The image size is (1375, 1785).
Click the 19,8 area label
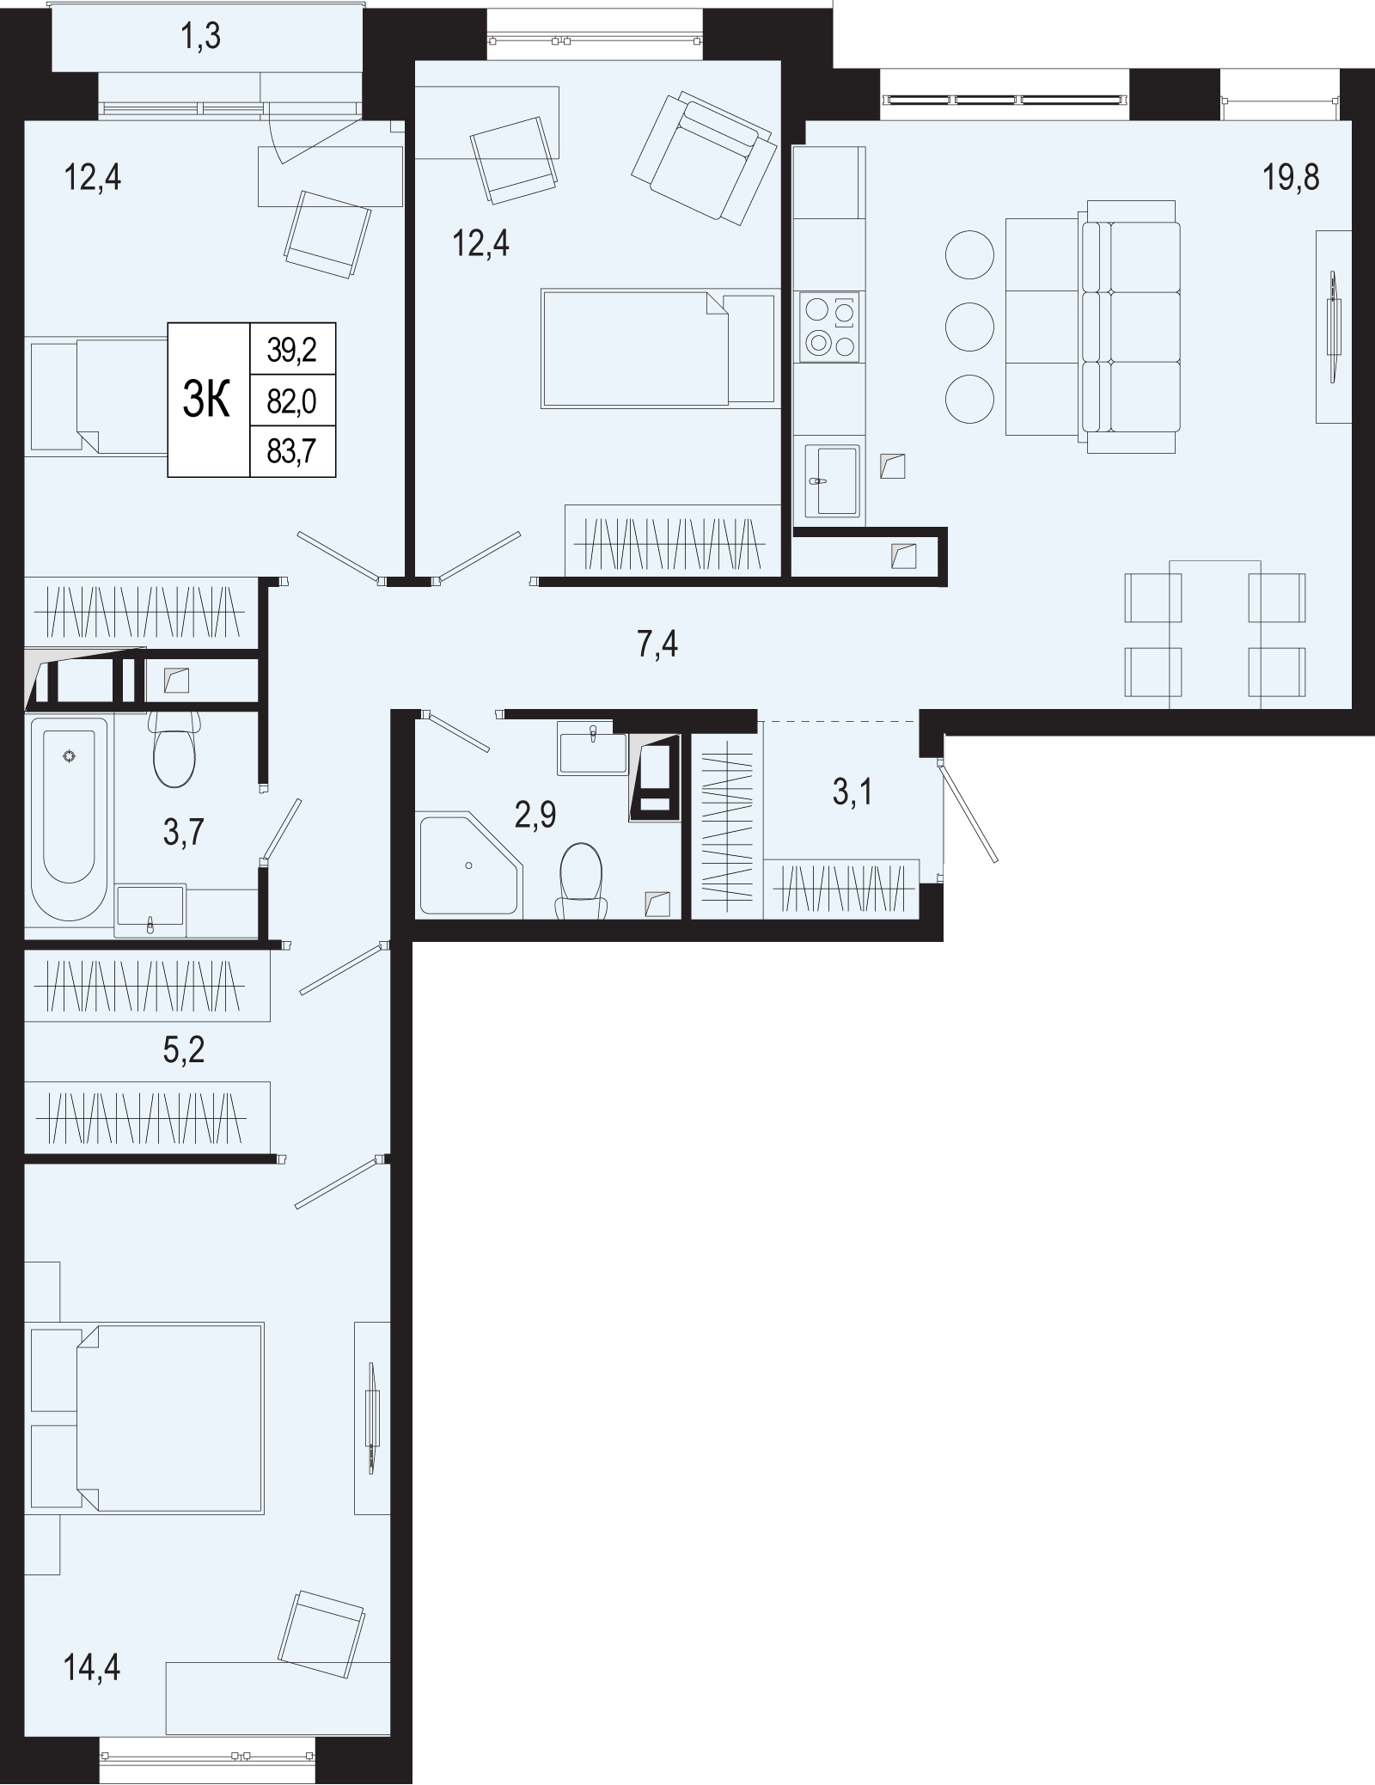pyautogui.click(x=1290, y=178)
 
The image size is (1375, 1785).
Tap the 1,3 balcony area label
pyautogui.click(x=201, y=38)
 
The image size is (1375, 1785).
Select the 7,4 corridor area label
pyautogui.click(x=657, y=644)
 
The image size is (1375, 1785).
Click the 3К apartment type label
pyautogui.click(x=206, y=400)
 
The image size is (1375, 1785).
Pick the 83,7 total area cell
pyautogui.click(x=291, y=452)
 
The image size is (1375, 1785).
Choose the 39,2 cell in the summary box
pyautogui.click(x=291, y=349)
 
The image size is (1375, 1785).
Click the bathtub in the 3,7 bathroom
pyautogui.click(x=69, y=819)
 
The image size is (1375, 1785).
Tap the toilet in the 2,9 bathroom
pyautogui.click(x=581, y=880)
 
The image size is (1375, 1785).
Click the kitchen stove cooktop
pyautogui.click(x=829, y=327)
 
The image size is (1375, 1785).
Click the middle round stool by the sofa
pyautogui.click(x=969, y=327)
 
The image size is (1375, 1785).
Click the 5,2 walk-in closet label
pyautogui.click(x=184, y=1049)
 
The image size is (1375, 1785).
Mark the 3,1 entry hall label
pyautogui.click(x=852, y=791)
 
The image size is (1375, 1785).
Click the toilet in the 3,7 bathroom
pyautogui.click(x=174, y=748)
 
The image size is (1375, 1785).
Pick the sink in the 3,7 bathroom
pyautogui.click(x=150, y=909)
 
